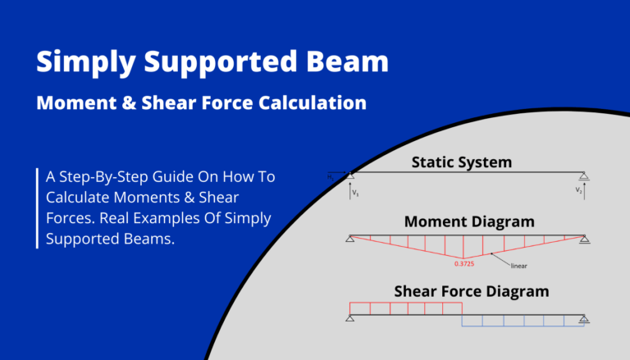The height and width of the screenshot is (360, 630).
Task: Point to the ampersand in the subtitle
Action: click(174, 104)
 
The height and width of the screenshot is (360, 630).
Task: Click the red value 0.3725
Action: click(466, 263)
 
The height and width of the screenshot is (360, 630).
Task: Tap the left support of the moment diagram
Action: click(350, 239)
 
